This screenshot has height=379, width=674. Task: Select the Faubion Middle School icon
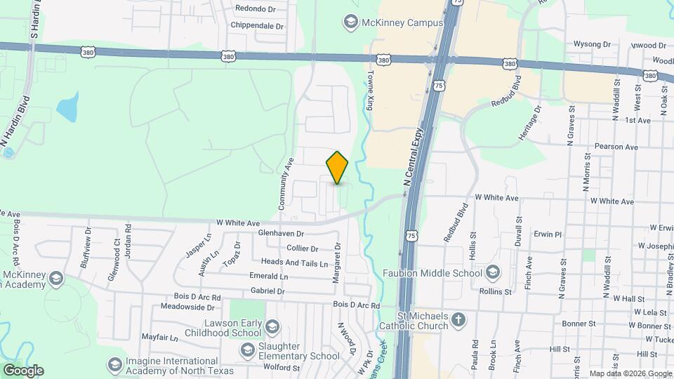pyautogui.click(x=494, y=272)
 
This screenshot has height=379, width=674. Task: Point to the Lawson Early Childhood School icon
pyautogui.click(x=272, y=327)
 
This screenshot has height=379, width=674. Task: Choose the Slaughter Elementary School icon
pyautogui.click(x=246, y=350)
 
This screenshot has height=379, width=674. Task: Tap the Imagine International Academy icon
pyautogui.click(x=114, y=365)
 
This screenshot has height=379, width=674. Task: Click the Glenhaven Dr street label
pyautogui.click(x=281, y=233)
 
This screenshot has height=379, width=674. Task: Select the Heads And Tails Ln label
pyautogui.click(x=295, y=263)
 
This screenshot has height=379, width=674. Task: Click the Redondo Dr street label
pyautogui.click(x=256, y=9)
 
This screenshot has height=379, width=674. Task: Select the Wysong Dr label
pyautogui.click(x=592, y=44)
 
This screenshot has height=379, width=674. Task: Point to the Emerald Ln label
pyautogui.click(x=269, y=277)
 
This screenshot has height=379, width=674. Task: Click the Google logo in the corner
pyautogui.click(x=23, y=371)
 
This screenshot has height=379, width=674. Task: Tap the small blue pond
pyautogui.click(x=67, y=106)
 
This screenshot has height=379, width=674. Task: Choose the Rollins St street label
pyautogui.click(x=496, y=291)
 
